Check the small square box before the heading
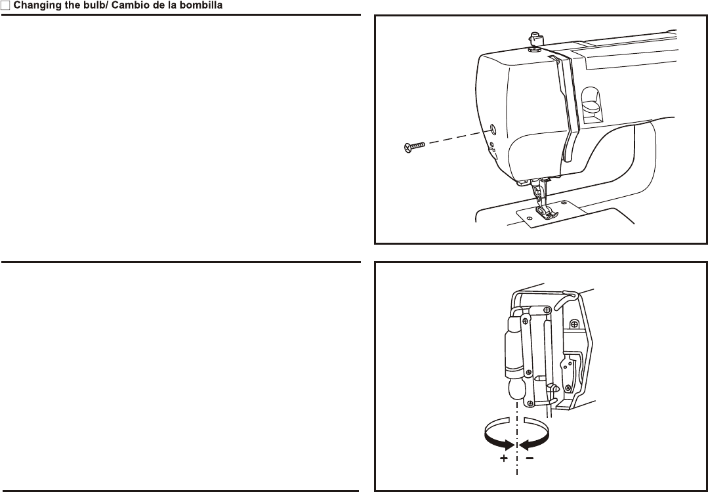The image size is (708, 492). (x=5, y=6)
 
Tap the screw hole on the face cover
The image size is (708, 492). (x=493, y=127)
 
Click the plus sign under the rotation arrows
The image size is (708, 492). (x=503, y=459)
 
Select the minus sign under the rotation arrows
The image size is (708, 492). (x=530, y=459)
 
